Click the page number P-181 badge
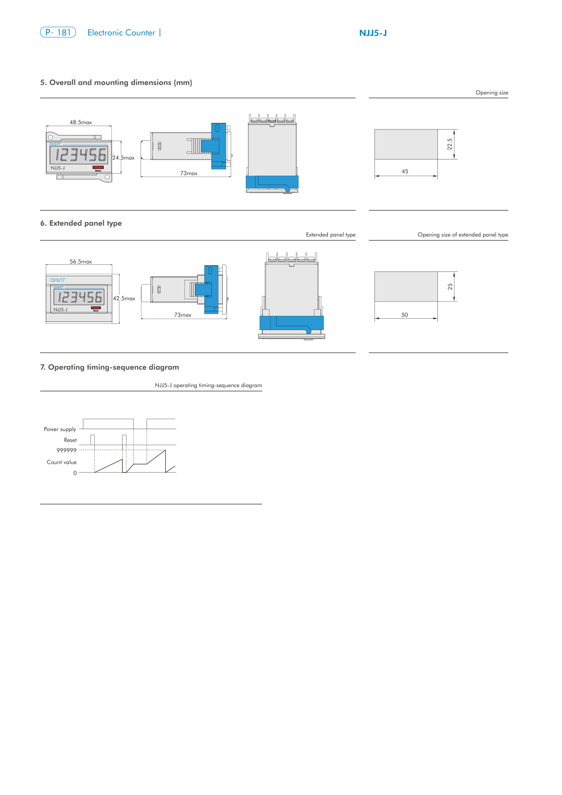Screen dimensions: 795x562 (58, 33)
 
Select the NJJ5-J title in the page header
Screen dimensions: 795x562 (373, 33)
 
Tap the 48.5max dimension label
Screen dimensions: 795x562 (81, 122)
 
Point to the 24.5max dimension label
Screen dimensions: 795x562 (123, 158)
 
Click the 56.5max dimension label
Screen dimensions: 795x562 (81, 262)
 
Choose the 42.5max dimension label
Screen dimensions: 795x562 (124, 298)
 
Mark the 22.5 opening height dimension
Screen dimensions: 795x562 (450, 144)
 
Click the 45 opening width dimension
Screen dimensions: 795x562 (405, 171)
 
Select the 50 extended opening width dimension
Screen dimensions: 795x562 (404, 315)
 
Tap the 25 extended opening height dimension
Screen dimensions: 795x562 (450, 287)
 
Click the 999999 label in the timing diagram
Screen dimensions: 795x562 (67, 450)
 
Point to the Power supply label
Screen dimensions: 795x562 (60, 429)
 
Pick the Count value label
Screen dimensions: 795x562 (61, 462)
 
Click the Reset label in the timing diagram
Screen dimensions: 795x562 (70, 440)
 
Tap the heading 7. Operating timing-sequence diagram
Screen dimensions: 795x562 (109, 367)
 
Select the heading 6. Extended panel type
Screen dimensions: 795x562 (81, 223)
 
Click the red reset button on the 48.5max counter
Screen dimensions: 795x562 (98, 167)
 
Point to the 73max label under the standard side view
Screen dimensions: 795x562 (189, 173)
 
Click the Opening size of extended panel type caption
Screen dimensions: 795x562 (462, 235)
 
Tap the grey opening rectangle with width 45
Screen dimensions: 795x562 (406, 144)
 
